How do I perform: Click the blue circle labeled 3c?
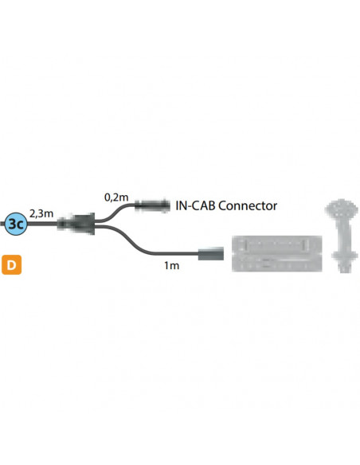point(16,225)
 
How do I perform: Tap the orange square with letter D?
point(12,263)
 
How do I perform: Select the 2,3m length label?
point(41,213)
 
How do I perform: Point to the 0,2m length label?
point(115,195)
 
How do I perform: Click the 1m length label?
point(171,265)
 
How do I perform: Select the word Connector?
point(247,205)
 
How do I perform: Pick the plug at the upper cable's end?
point(152,205)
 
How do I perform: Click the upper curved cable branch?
point(118,211)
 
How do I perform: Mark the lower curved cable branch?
point(135,243)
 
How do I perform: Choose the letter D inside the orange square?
point(12,263)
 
